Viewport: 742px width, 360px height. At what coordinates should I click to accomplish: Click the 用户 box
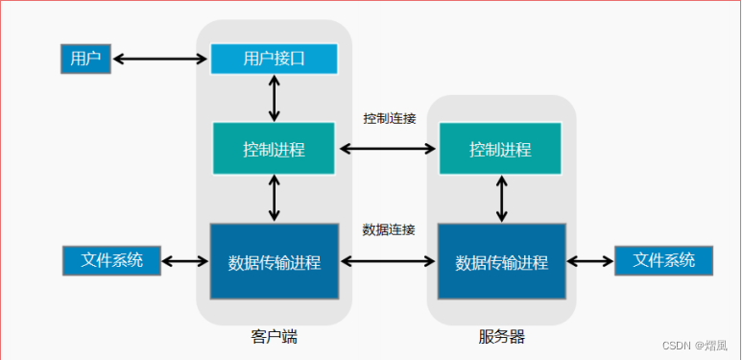click(86, 60)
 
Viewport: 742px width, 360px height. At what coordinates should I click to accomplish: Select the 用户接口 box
click(275, 59)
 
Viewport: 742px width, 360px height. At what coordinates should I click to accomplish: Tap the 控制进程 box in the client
click(275, 150)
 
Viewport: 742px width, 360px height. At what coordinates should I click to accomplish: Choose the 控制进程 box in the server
click(500, 150)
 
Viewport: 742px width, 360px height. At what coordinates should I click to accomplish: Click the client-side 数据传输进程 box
click(275, 261)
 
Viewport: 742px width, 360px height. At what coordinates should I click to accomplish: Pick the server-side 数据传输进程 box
click(501, 261)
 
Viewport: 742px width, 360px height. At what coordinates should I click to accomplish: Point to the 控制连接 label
click(389, 118)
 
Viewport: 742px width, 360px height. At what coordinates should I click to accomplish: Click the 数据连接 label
click(389, 229)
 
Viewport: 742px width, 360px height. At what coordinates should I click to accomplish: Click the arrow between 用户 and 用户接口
click(161, 60)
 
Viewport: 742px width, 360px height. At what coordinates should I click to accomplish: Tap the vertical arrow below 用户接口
click(275, 98)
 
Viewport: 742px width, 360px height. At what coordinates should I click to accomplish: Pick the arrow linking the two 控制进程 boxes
click(388, 149)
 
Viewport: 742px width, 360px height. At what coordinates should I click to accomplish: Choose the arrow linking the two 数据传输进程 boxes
click(388, 261)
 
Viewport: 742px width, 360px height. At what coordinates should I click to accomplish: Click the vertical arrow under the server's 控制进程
click(501, 199)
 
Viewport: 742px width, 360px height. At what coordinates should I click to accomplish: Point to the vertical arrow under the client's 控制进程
click(275, 199)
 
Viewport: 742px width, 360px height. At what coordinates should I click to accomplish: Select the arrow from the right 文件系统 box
click(589, 261)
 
